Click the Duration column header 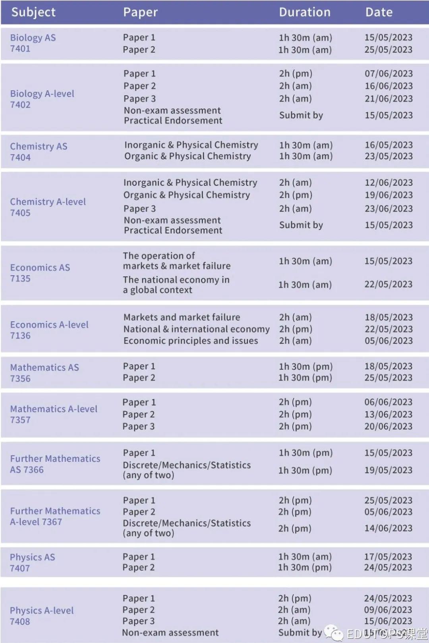click(305, 12)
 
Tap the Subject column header click(33, 12)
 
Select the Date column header click(379, 12)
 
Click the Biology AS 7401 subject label click(33, 43)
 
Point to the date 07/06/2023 click(388, 73)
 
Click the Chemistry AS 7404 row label click(39, 152)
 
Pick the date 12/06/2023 click(388, 183)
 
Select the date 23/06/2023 click(388, 209)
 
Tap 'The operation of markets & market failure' click(176, 261)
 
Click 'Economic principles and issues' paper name click(191, 341)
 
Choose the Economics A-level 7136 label click(49, 330)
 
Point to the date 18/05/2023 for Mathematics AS click(388, 366)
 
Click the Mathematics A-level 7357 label click(54, 414)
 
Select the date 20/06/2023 click(388, 426)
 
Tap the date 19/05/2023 click(388, 470)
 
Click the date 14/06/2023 click(388, 528)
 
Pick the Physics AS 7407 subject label click(32, 562)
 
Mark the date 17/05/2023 click(388, 557)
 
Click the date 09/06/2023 click(388, 610)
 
